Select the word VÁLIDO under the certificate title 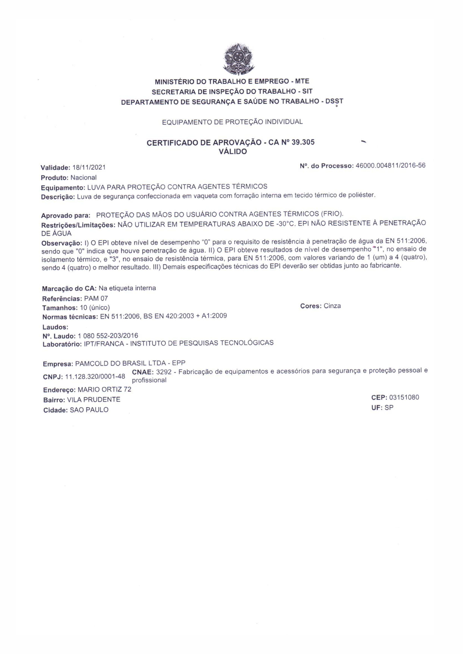coord(232,152)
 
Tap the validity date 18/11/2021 coord(89,167)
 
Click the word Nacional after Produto coord(84,177)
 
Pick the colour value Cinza coord(332,306)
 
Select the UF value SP coord(389,408)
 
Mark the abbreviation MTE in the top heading coord(302,81)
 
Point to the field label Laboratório coord(62,344)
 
